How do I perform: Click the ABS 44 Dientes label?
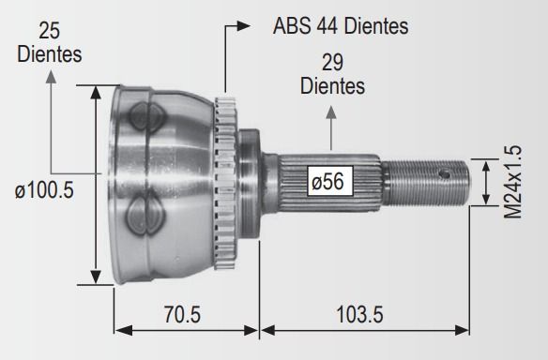click(x=341, y=26)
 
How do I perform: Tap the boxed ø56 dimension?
click(x=330, y=181)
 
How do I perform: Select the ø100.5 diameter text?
click(x=44, y=190)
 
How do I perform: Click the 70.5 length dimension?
click(x=182, y=314)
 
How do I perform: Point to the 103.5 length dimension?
click(x=359, y=314)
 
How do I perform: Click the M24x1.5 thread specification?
click(x=512, y=182)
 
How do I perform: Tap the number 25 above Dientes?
click(x=50, y=31)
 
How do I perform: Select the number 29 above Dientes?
click(x=332, y=63)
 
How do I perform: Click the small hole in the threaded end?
click(x=445, y=173)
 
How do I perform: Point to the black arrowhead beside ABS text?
click(x=244, y=26)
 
